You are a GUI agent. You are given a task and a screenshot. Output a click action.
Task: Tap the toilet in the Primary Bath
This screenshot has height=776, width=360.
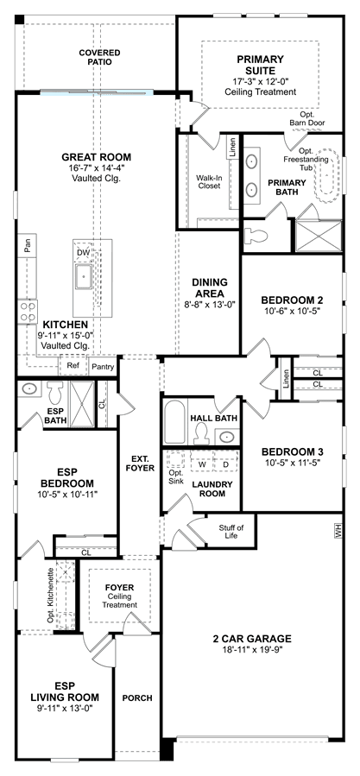coord(256,236)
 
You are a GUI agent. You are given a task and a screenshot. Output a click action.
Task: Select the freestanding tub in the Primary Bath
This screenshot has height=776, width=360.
coord(327,176)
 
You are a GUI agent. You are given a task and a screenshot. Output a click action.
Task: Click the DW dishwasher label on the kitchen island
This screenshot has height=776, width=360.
coord(83,253)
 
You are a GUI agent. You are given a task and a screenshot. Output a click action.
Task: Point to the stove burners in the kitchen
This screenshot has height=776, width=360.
coord(28,312)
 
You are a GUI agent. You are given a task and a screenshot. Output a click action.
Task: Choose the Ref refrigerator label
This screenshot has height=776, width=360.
coord(73,367)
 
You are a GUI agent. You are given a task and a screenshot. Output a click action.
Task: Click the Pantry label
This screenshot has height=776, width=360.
coord(104,367)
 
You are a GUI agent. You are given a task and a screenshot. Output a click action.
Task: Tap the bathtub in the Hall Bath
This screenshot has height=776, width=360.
coord(175,422)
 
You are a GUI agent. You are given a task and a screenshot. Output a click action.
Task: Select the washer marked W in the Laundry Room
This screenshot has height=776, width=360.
coord(202,464)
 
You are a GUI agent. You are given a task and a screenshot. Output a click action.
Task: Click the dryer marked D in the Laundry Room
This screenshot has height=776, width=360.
coord(225,464)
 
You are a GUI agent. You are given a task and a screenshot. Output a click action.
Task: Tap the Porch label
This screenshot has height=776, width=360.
coord(137,697)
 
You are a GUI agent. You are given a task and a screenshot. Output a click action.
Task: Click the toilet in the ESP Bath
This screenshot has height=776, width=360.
coord(54,391)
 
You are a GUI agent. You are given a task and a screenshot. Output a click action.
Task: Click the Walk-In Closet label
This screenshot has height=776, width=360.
coord(208,181)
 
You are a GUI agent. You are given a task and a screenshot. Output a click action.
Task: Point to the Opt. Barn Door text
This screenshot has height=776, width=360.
coord(313,117)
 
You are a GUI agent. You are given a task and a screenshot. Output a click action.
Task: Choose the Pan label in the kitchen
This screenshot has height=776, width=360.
coord(28,243)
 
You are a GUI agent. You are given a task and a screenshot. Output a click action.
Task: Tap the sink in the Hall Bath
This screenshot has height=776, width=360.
coord(227,437)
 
